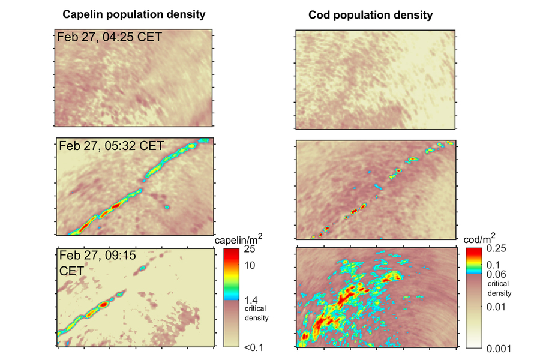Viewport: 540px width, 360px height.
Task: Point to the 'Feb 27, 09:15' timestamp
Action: click(97, 255)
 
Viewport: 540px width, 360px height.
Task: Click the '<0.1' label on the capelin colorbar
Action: click(250, 347)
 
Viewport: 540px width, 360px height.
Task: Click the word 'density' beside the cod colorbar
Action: click(499, 293)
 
